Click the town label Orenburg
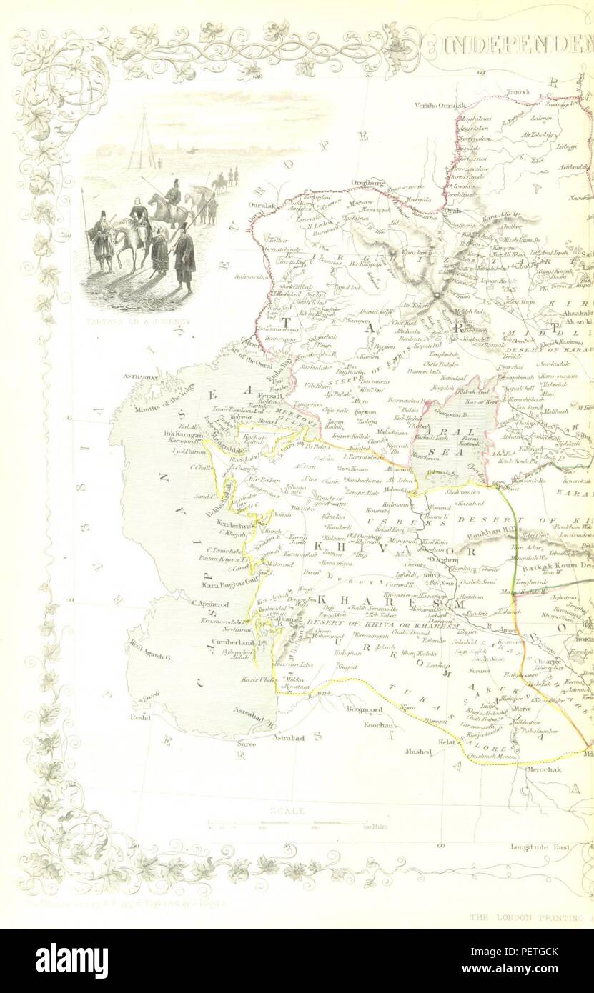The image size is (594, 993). (x=367, y=183)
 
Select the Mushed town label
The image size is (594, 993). (x=419, y=752)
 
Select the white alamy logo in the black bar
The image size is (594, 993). (x=71, y=960)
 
